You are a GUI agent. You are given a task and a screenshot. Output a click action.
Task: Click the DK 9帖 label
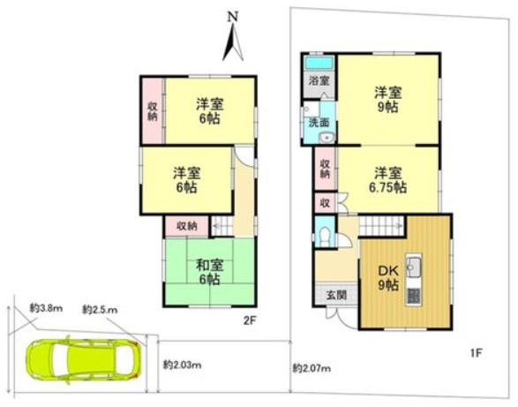[x=388, y=278]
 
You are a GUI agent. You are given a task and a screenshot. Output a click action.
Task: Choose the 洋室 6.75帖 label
[x=387, y=179]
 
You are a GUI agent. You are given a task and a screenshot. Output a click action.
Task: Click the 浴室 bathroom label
[x=318, y=81]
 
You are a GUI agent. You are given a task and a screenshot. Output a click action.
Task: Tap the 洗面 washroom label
[x=318, y=123]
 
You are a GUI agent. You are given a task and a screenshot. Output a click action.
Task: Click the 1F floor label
[x=475, y=354]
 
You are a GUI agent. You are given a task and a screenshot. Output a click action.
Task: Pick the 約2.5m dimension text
[x=99, y=310]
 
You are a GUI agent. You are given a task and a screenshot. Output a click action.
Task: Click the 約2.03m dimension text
[x=183, y=365]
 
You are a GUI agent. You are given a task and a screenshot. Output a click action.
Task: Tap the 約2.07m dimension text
[x=312, y=366]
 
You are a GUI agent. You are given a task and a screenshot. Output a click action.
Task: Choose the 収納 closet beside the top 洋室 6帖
[x=152, y=109]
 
